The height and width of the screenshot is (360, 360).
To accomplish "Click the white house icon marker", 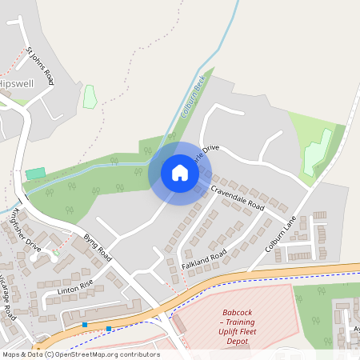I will (180, 173).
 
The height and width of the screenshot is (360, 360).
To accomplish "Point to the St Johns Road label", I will (40, 66).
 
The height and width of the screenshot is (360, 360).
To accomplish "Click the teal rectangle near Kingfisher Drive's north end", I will (35, 174).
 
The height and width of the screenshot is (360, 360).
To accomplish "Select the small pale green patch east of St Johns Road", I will (90, 96).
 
